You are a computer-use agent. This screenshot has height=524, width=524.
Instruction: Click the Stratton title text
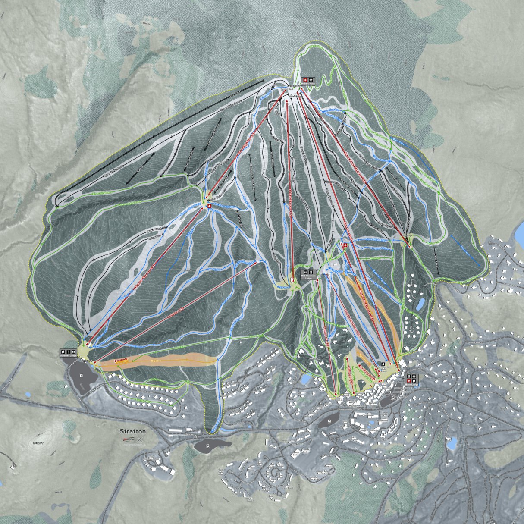[x=133, y=431]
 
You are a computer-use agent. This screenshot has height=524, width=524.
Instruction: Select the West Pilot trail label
[x=398, y=140]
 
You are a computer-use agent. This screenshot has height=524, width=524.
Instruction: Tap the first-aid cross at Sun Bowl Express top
[x=210, y=207]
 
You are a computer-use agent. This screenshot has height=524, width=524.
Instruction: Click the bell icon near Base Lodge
[x=383, y=364]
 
